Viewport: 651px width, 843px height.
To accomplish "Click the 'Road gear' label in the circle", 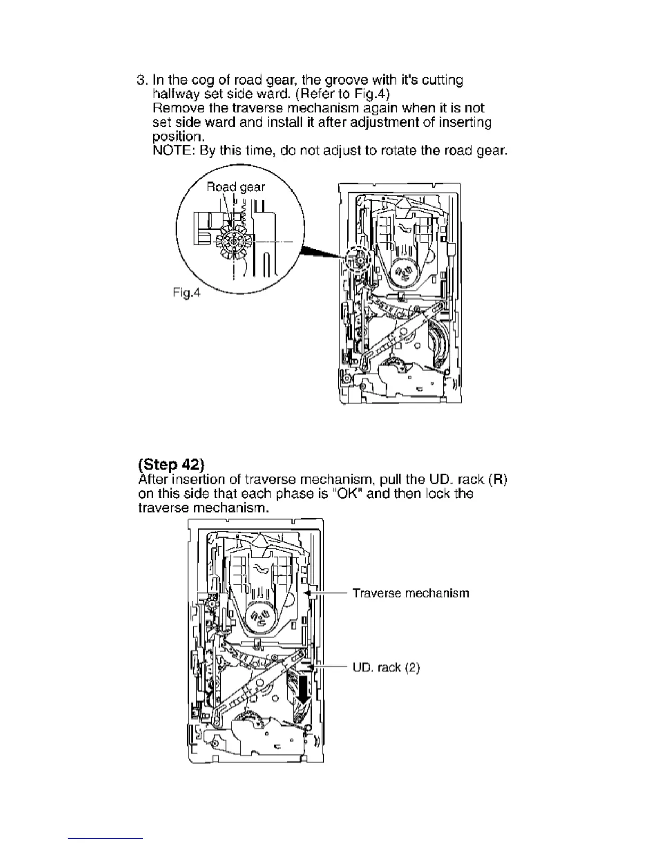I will pyautogui.click(x=235, y=187).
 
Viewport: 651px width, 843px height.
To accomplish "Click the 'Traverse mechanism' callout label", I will pyautogui.click(x=411, y=593).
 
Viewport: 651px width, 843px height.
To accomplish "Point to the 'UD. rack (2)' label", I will pyautogui.click(x=386, y=667).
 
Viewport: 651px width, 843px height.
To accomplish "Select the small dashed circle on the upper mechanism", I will pyautogui.click(x=358, y=260).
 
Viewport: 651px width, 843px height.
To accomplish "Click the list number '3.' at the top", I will pyautogui.click(x=142, y=80).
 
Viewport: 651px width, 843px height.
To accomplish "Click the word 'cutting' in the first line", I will pyautogui.click(x=443, y=80).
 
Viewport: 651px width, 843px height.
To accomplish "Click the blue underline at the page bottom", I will pyautogui.click(x=106, y=838).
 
